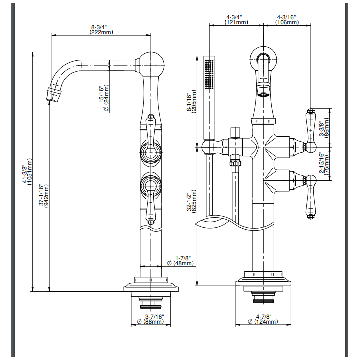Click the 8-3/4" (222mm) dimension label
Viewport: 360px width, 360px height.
tap(101, 30)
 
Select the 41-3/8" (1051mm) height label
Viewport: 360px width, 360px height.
tap(27, 171)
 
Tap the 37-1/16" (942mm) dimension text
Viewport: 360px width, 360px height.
tap(44, 196)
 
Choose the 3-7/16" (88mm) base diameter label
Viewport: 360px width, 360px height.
tap(151, 319)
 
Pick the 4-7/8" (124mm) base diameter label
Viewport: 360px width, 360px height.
tap(263, 319)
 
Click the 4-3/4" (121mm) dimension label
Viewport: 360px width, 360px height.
tap(236, 20)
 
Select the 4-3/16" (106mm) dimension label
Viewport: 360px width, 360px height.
tap(287, 20)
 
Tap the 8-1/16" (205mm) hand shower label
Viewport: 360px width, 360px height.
tap(192, 102)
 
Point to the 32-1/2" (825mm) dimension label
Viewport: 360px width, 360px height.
tap(192, 201)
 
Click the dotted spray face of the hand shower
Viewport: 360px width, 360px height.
tap(209, 74)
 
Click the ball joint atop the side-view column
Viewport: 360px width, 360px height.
tap(152, 64)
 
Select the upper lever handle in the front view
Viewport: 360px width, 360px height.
tap(311, 131)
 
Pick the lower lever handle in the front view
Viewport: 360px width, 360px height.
tap(311, 197)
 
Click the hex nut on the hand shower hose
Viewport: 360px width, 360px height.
tap(235, 163)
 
